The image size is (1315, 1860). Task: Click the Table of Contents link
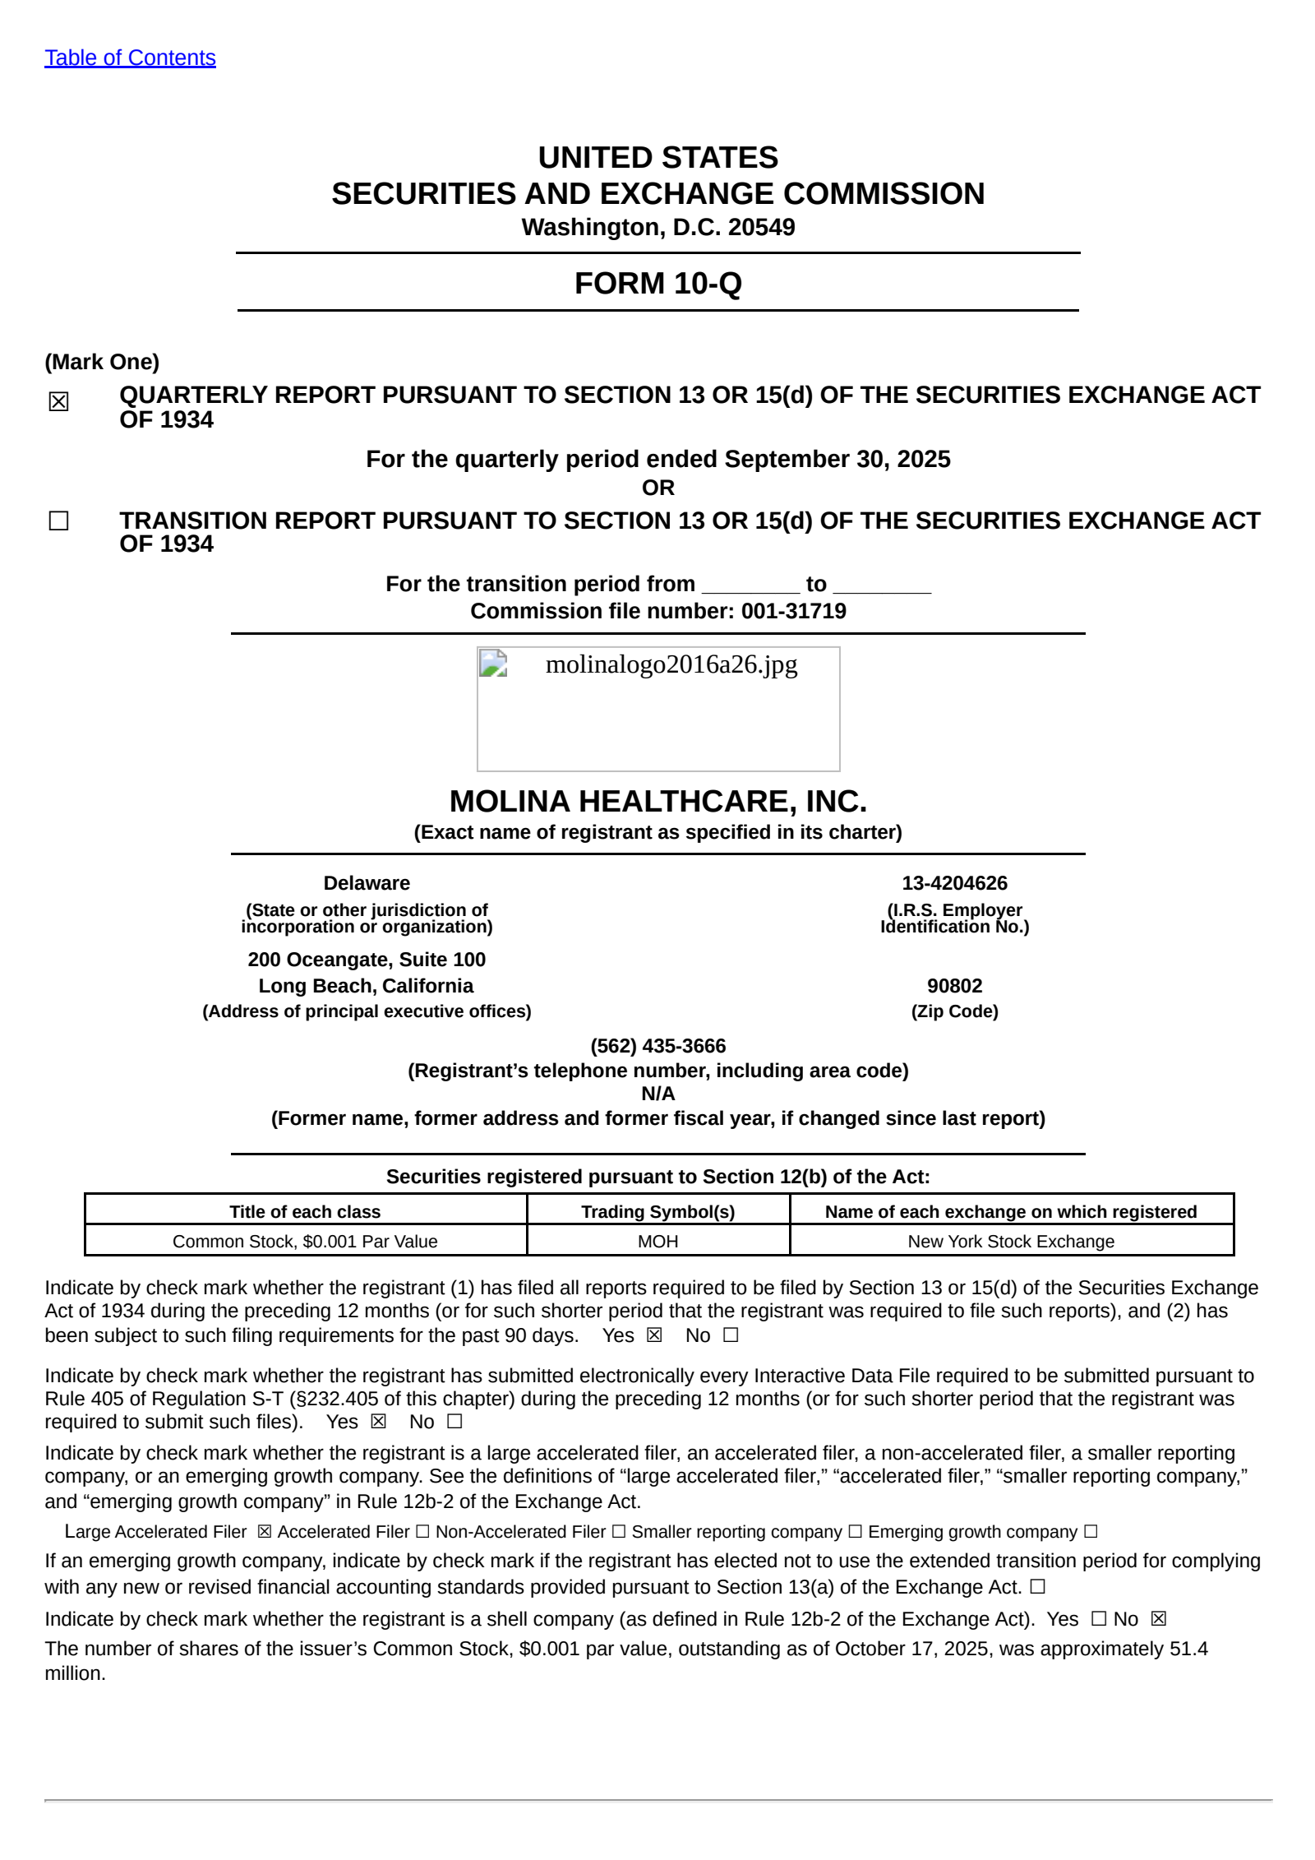[x=130, y=58]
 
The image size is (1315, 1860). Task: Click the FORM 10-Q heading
[x=657, y=283]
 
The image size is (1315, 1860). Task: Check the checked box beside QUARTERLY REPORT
[x=58, y=401]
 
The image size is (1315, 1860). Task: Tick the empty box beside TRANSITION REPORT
[x=58, y=521]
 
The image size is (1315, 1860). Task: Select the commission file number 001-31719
[x=793, y=611]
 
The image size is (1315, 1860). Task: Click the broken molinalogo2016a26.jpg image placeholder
[x=657, y=708]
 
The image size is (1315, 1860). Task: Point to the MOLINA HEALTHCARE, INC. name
[x=657, y=801]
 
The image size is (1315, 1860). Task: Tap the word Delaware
[x=367, y=883]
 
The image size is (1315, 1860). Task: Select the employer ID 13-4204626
[x=954, y=883]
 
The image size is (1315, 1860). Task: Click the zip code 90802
[x=954, y=986]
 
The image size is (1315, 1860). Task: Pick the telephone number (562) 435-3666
[x=657, y=1046]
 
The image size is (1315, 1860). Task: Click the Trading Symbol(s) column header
[x=657, y=1211]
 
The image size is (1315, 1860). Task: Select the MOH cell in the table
[x=657, y=1242]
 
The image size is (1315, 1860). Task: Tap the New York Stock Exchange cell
[x=1011, y=1242]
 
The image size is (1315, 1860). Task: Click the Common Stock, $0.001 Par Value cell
[x=305, y=1242]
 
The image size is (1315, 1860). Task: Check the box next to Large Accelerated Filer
[x=264, y=1532]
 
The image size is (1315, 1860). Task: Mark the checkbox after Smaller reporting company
[x=855, y=1532]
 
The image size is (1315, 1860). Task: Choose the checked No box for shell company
[x=1159, y=1619]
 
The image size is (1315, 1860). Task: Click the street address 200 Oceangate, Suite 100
[x=367, y=960]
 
